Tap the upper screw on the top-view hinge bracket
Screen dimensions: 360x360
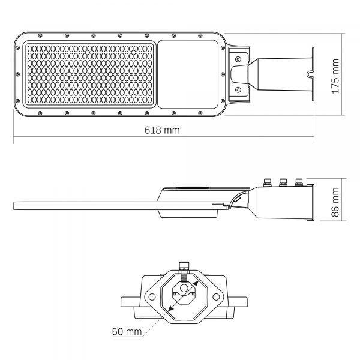pyautogui.click(x=238, y=59)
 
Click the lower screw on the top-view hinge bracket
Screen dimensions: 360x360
pyautogui.click(x=238, y=91)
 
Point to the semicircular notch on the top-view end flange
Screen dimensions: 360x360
pyautogui.click(x=310, y=75)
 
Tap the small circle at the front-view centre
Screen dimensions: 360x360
pyautogui.click(x=185, y=289)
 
